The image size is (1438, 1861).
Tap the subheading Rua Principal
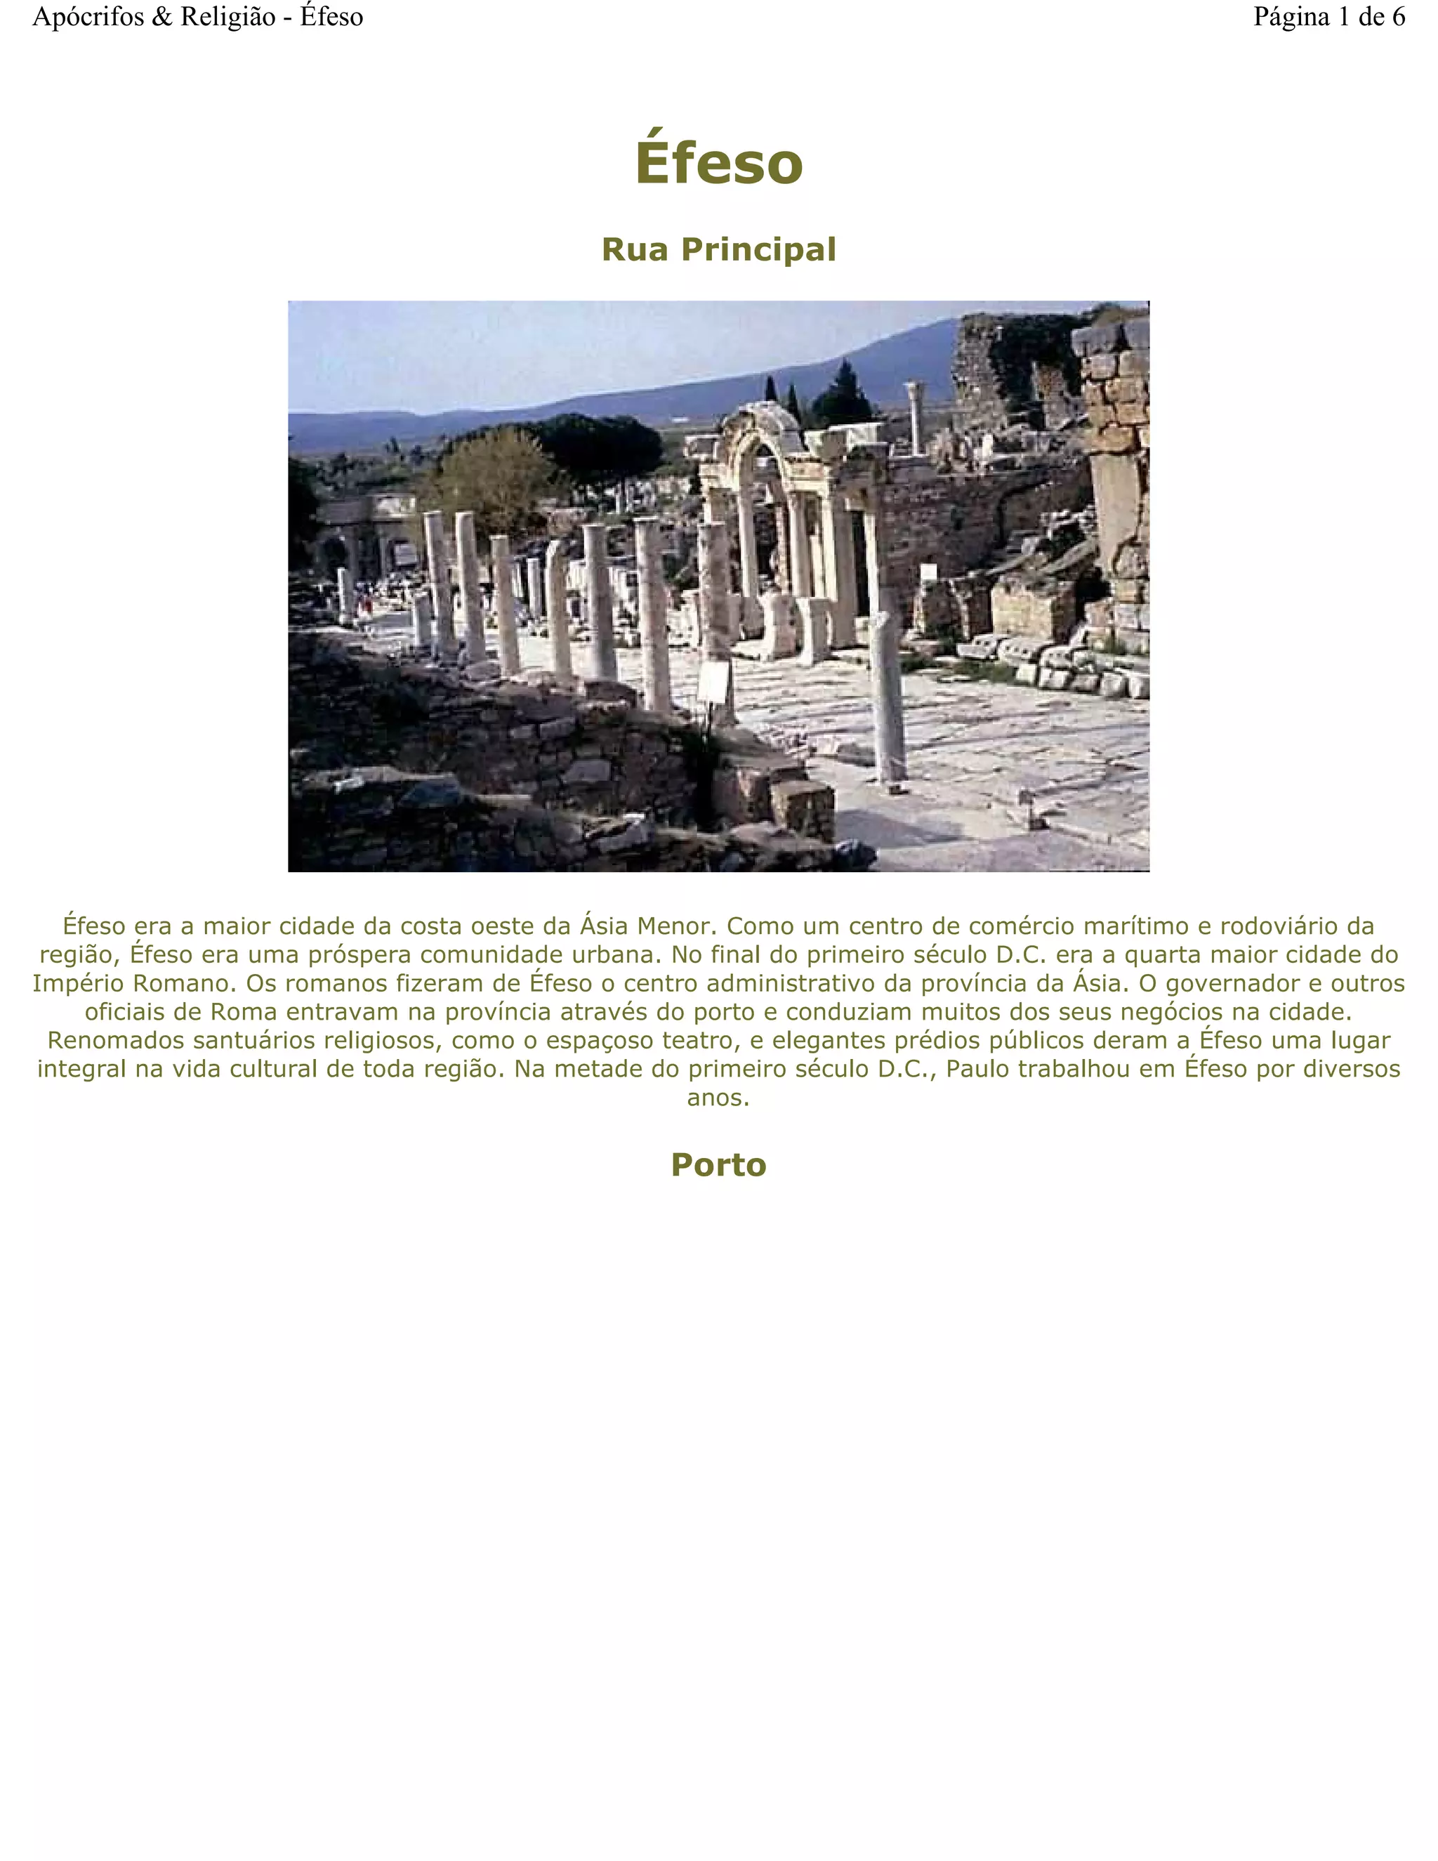(718, 250)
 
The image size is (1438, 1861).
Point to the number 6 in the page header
(1398, 17)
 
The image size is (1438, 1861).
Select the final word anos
(718, 1098)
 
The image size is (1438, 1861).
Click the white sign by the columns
(714, 683)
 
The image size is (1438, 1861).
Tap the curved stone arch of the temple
(760, 426)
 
